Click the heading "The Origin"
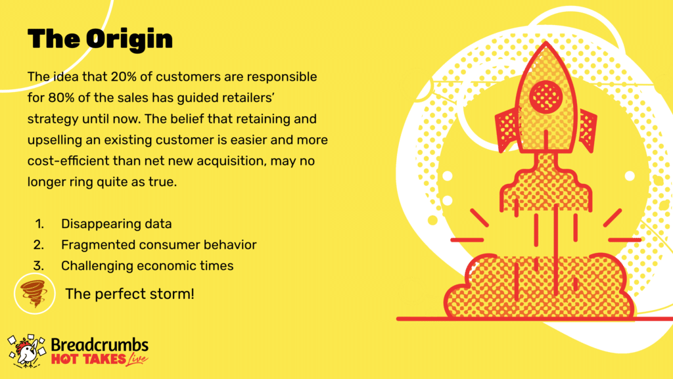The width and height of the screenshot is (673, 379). [x=100, y=39]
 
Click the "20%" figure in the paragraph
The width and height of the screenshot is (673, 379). [x=122, y=77]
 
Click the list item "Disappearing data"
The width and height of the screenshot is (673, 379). [x=116, y=224]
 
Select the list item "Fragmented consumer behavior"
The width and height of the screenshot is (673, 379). [x=159, y=245]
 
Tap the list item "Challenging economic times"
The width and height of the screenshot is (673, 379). [x=147, y=266]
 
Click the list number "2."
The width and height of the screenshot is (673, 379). [x=39, y=245]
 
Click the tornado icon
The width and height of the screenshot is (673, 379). [x=34, y=294]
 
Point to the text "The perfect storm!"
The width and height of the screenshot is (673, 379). [x=129, y=294]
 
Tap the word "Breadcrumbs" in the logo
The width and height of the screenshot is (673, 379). [x=100, y=345]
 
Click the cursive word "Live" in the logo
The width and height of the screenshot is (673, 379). [x=137, y=359]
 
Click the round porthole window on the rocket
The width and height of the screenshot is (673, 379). [x=545, y=96]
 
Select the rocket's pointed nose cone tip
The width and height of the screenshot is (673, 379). [x=546, y=42]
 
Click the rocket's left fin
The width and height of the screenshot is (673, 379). [x=507, y=129]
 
